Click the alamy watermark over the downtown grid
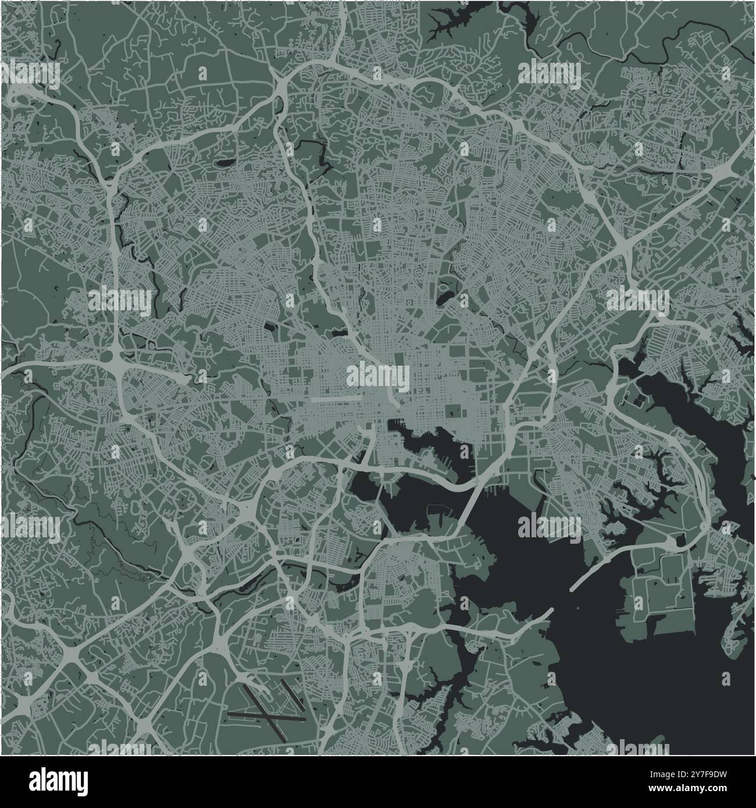coord(377,374)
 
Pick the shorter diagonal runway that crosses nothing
coord(294,696)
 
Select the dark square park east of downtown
coord(452,411)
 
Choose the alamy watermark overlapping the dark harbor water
coord(549,526)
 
